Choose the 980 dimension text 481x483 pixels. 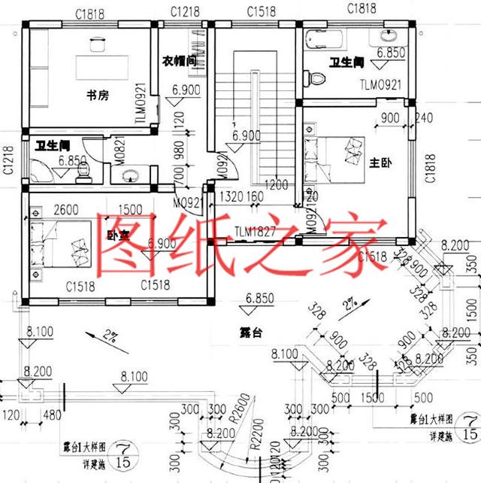click(179, 150)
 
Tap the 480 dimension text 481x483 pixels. click(51, 416)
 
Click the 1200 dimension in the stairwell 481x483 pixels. click(277, 184)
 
